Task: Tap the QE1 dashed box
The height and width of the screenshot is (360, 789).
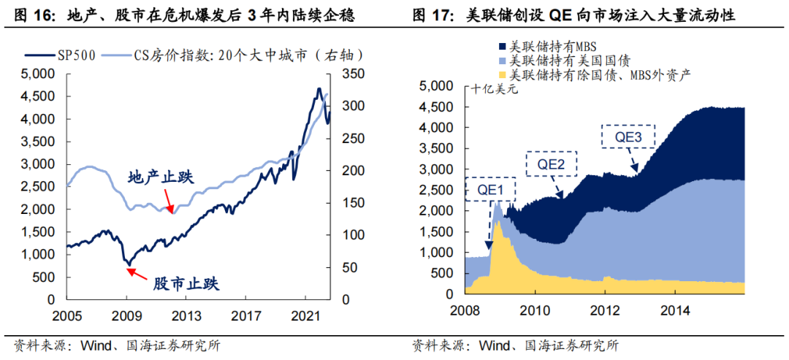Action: [489, 189]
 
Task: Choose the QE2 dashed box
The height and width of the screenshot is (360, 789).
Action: [551, 164]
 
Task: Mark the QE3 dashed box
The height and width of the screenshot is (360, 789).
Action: [628, 136]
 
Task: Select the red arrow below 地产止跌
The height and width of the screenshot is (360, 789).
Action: [169, 200]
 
